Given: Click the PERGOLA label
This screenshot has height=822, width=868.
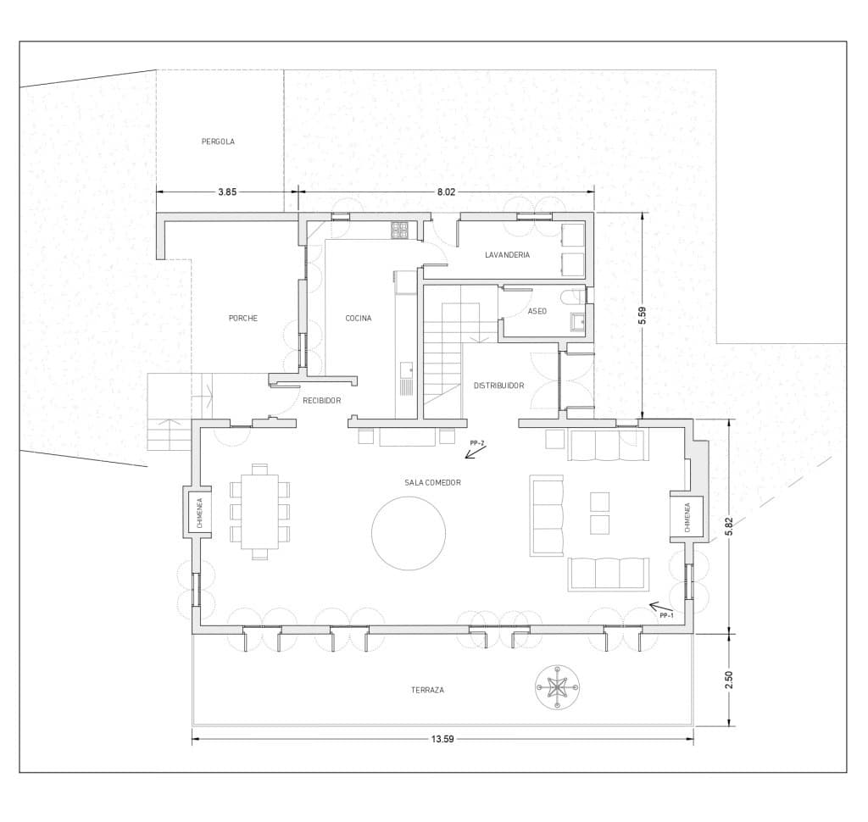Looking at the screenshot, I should coord(218,142).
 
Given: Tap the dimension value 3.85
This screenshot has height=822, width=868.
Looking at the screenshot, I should coord(227,192).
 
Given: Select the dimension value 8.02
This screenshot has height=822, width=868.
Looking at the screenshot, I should coord(446,192).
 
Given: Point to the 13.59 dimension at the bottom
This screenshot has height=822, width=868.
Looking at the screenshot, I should coord(442,739).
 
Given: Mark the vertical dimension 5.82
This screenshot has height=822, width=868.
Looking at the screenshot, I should coord(729,526).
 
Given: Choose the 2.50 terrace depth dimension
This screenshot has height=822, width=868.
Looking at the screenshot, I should coord(729,679).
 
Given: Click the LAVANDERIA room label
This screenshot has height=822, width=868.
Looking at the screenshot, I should coord(507,254).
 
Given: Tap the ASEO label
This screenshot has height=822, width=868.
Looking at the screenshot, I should coord(537,311).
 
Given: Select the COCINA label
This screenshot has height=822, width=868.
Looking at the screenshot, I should coord(358,319).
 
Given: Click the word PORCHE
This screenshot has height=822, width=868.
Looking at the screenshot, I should coord(242,319).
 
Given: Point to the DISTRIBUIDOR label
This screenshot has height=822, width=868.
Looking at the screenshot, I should coord(498,386).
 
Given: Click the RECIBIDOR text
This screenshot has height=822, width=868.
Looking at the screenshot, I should coord(321,400).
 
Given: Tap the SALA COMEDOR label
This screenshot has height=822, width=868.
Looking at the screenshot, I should coord(432,482).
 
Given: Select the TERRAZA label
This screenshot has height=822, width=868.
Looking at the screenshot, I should coord(427,690).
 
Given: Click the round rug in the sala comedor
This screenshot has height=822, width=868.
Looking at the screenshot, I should coord(409,533).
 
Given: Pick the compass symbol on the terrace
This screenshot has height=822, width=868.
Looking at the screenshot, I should coord(557,687).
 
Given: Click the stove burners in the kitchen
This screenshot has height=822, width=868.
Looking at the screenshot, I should coord(399,229).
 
